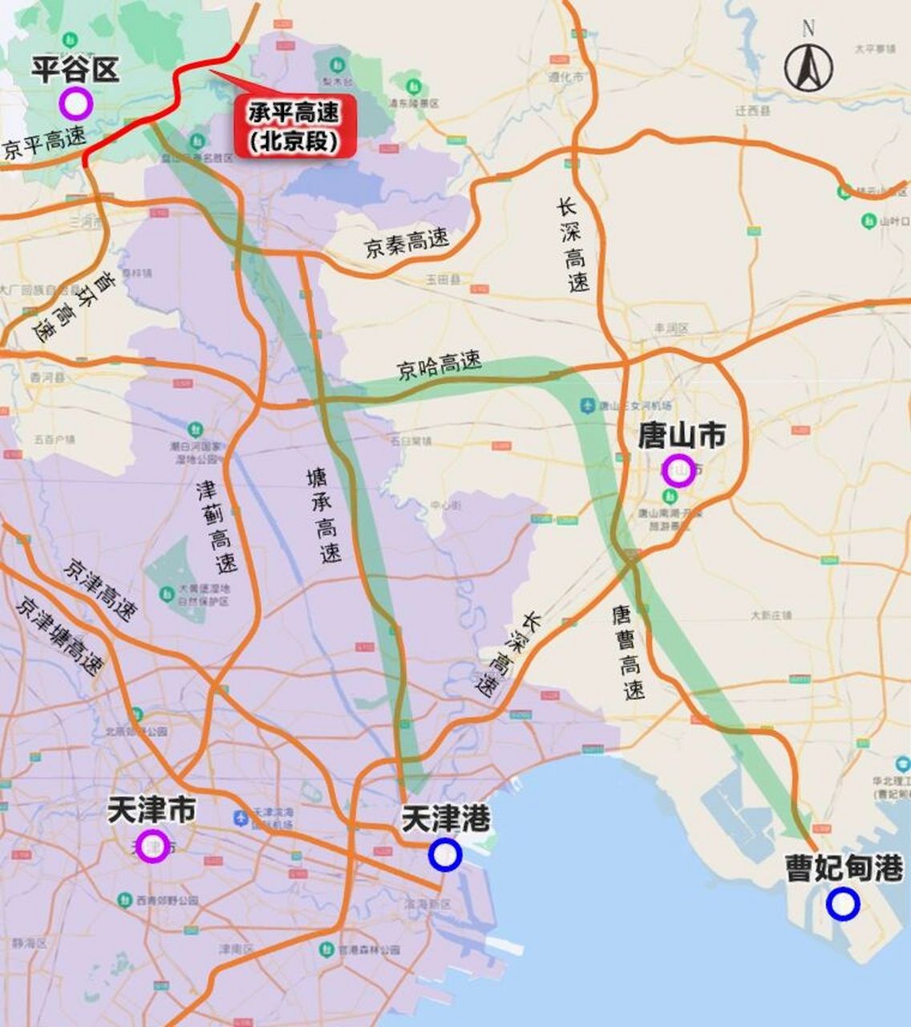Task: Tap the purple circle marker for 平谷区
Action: tap(76, 104)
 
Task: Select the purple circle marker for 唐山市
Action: tap(678, 470)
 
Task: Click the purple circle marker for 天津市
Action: tap(152, 846)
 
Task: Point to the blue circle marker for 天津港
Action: tap(444, 854)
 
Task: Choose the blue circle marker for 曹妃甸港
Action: tap(843, 904)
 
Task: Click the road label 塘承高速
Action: tap(324, 516)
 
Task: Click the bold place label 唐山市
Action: tap(681, 436)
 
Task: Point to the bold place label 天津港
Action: tap(445, 818)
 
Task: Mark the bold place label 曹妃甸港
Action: tap(844, 869)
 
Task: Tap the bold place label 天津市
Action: tap(152, 810)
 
